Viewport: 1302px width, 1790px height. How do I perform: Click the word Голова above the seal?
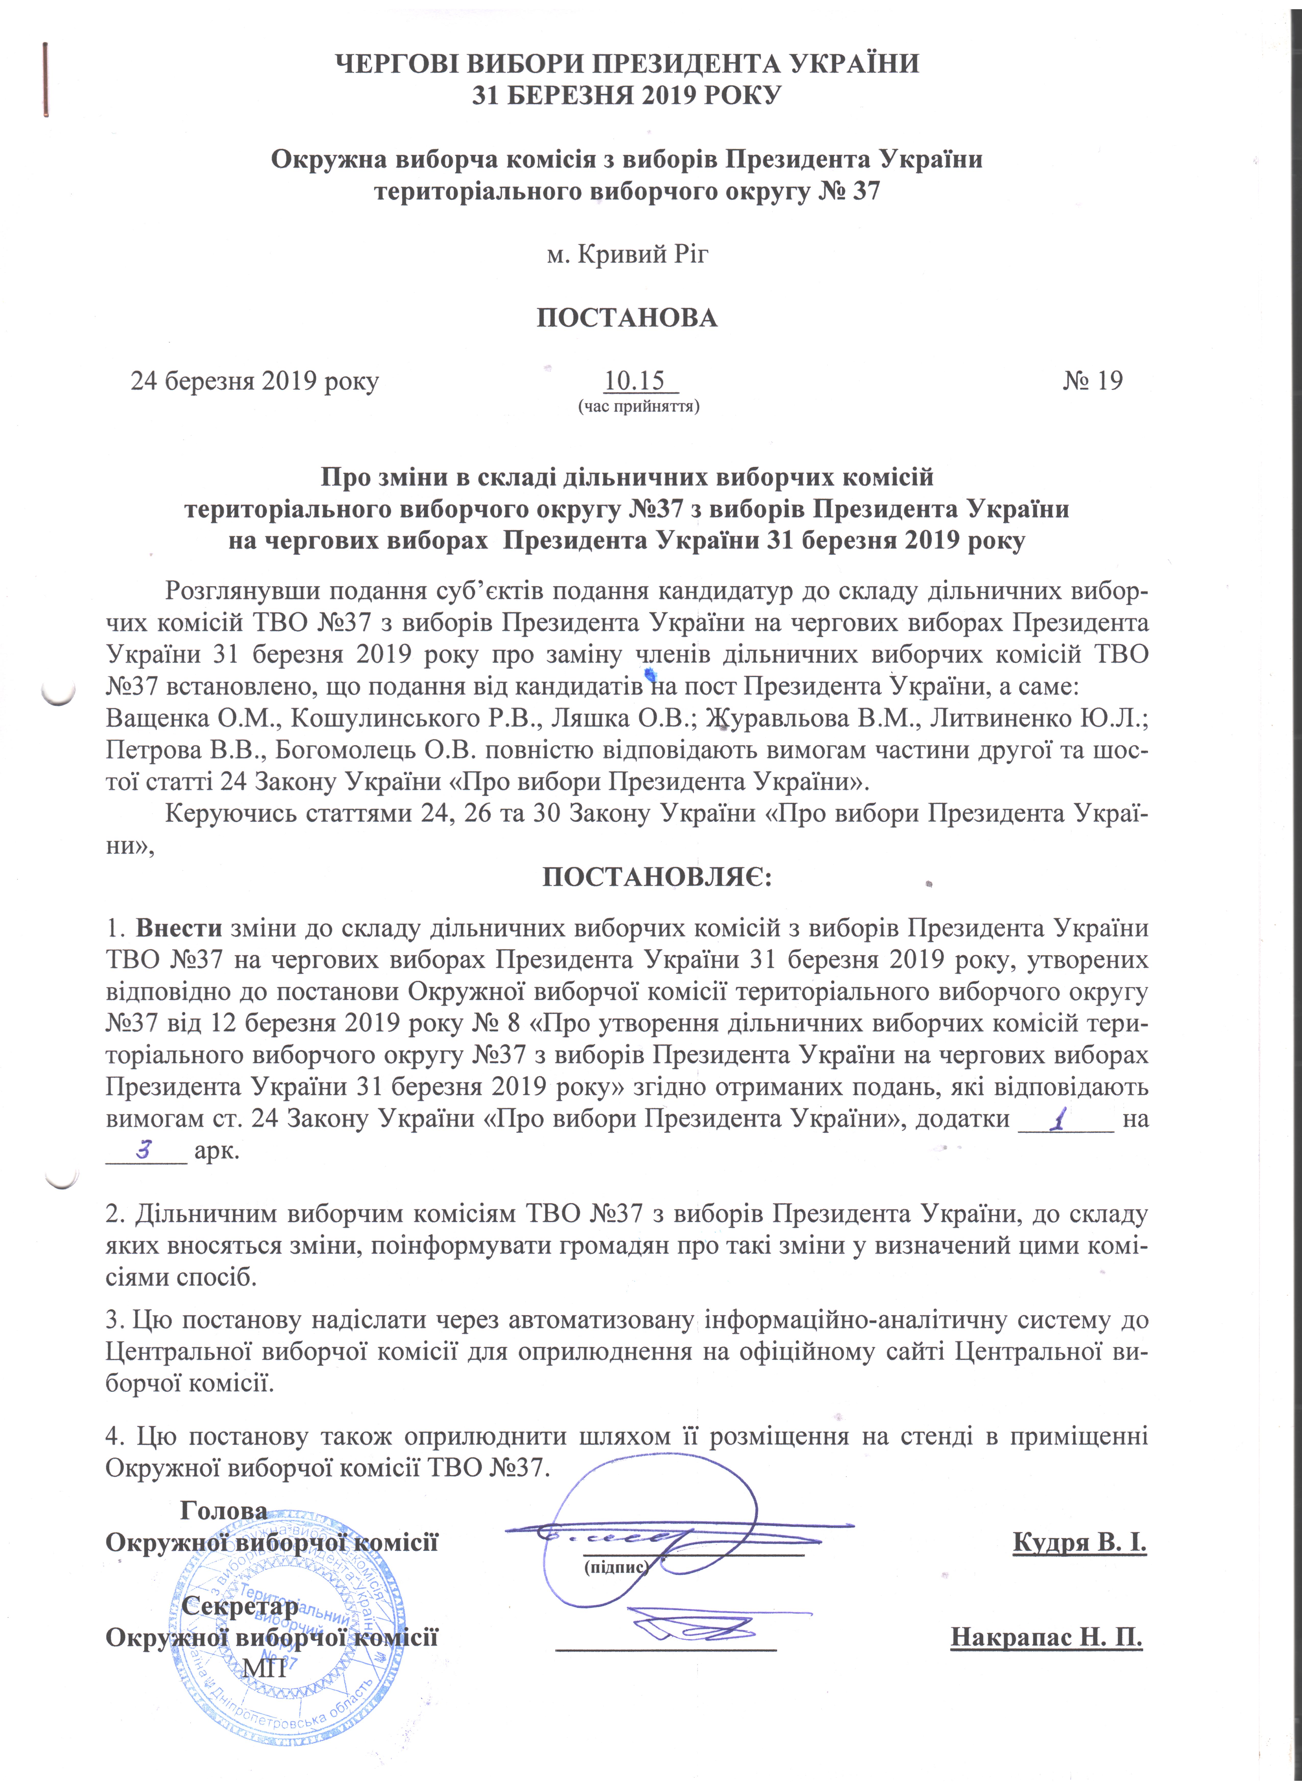tap(223, 1510)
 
